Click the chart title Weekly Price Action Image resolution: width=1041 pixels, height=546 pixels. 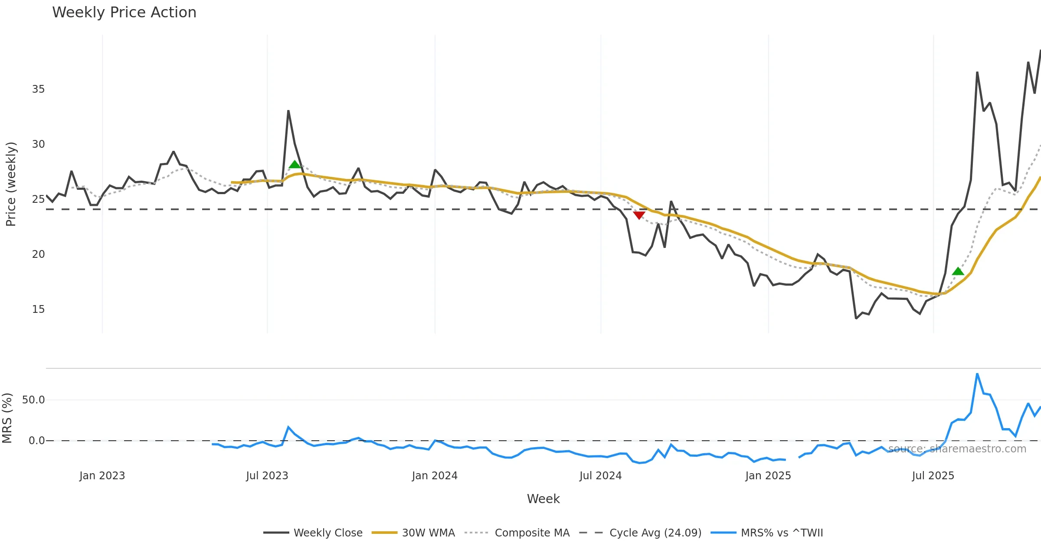pyautogui.click(x=124, y=13)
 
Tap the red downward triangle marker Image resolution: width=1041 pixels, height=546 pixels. pyautogui.click(x=639, y=215)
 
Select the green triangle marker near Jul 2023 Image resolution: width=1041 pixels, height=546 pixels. pyautogui.click(x=295, y=164)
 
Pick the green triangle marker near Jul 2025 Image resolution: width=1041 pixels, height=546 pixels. pyautogui.click(x=958, y=271)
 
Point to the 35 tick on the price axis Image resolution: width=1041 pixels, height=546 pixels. pyautogui.click(x=38, y=89)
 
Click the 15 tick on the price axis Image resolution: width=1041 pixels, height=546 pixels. pyautogui.click(x=38, y=309)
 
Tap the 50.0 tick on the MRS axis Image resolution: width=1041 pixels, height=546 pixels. pyautogui.click(x=33, y=400)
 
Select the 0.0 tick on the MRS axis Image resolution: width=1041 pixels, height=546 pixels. pyautogui.click(x=36, y=441)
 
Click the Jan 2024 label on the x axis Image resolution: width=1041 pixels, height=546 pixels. pyautogui.click(x=435, y=476)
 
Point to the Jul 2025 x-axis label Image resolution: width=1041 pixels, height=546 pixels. pyautogui.click(x=933, y=476)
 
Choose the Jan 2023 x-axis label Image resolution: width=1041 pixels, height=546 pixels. pyautogui.click(x=102, y=476)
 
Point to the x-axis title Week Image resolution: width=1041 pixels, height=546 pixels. pyautogui.click(x=543, y=499)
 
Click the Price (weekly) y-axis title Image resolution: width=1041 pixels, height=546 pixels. pyautogui.click(x=11, y=184)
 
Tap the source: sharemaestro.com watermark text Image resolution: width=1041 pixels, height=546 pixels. pyautogui.click(x=957, y=449)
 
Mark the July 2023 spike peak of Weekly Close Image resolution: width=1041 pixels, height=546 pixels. pyautogui.click(x=288, y=111)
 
